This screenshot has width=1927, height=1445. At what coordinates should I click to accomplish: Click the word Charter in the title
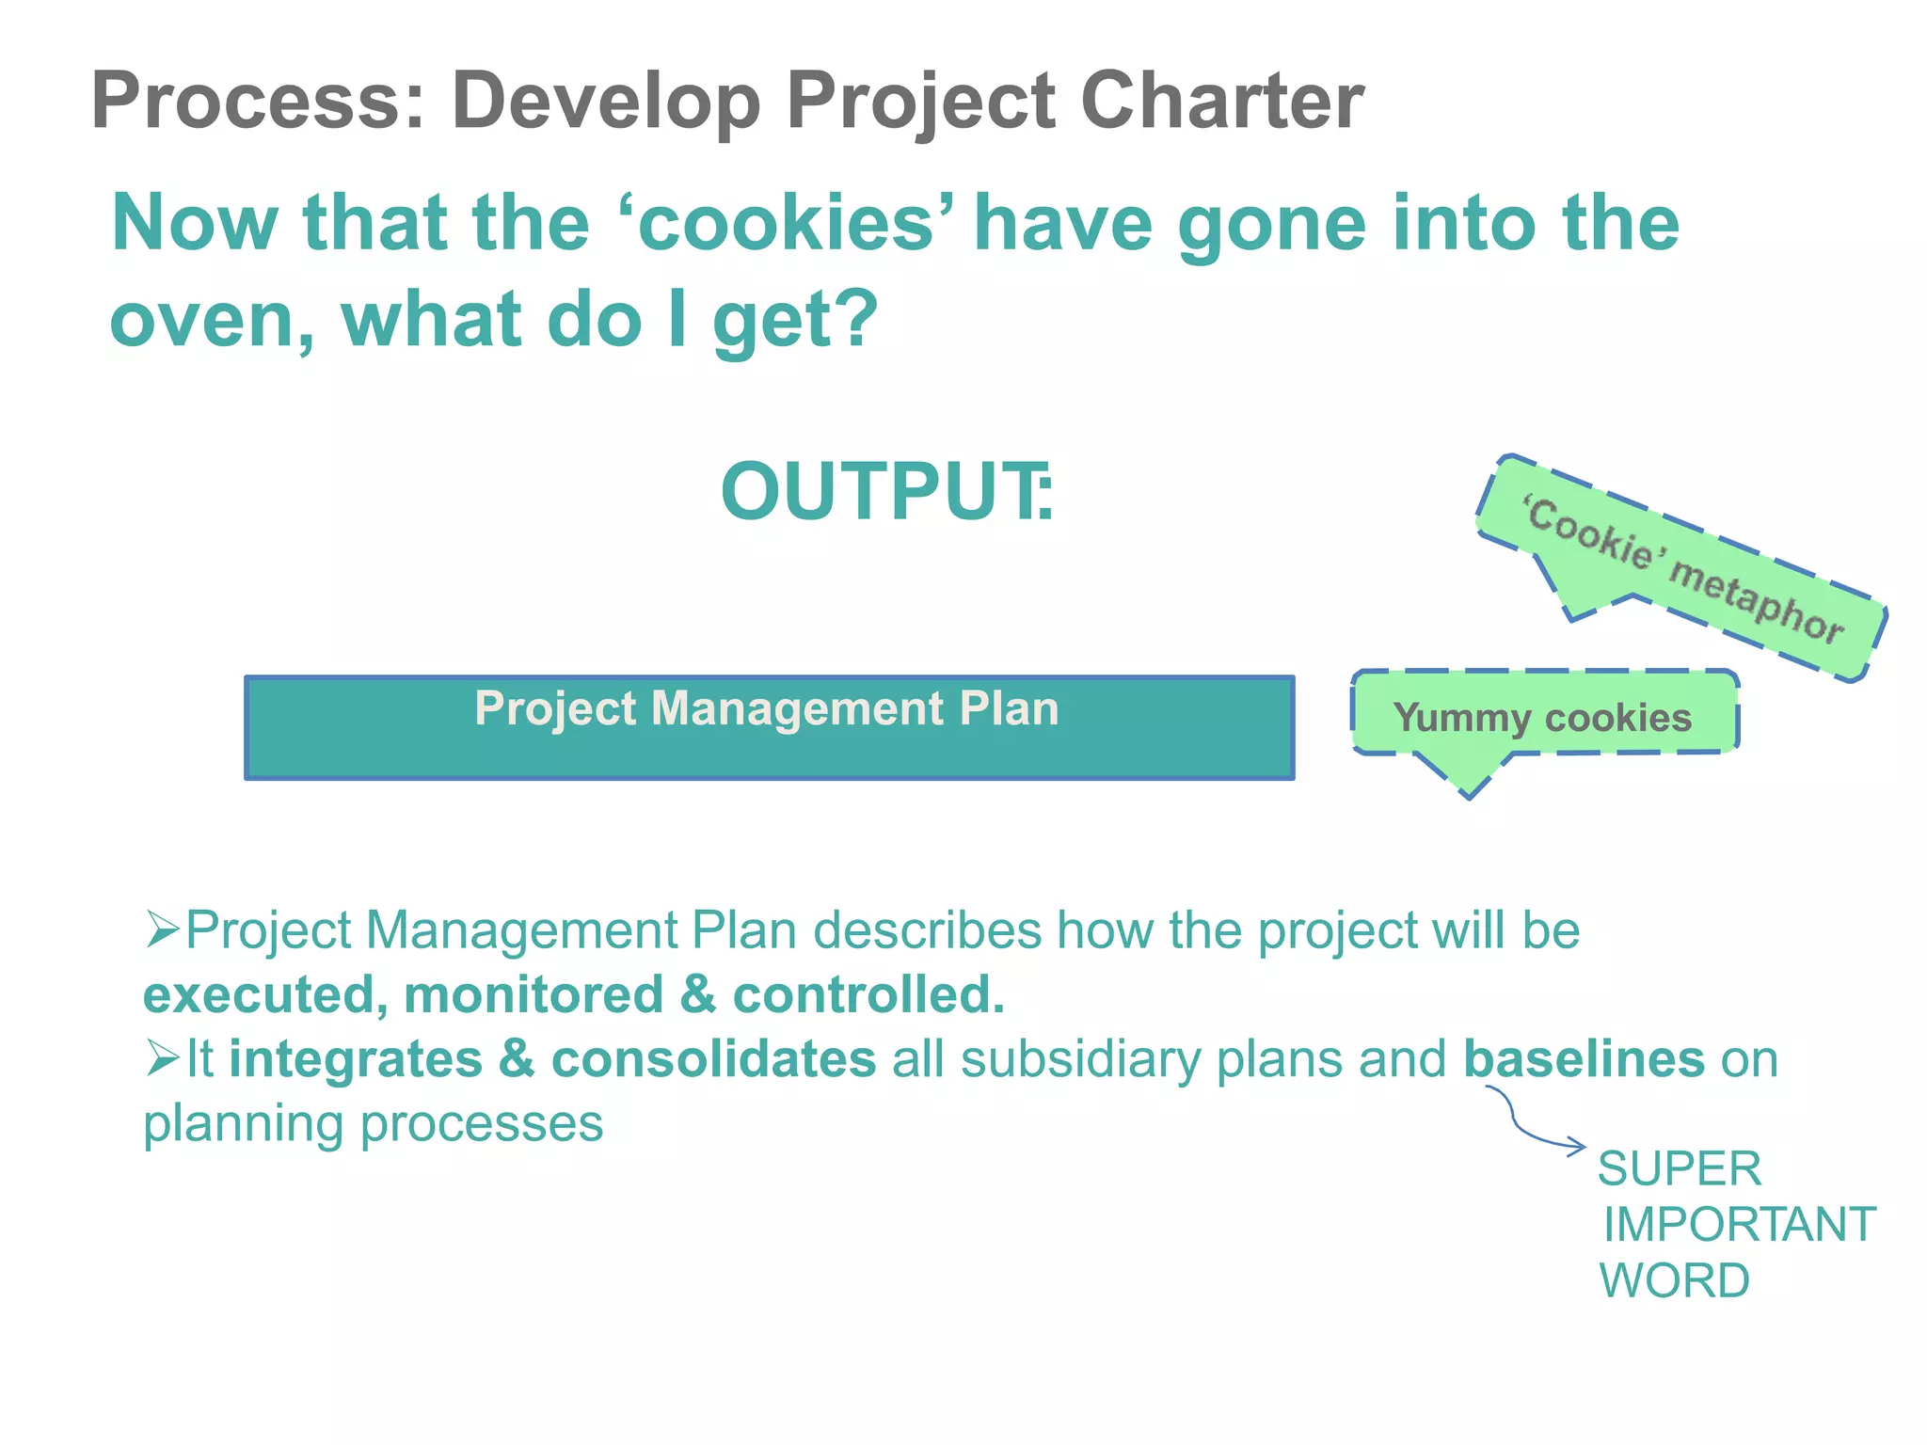coord(1221,101)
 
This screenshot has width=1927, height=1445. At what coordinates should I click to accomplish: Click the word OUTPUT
coord(883,492)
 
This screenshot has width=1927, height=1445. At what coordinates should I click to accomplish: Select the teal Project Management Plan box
coord(769,727)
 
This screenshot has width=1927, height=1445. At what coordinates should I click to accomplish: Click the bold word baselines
coord(1584,1059)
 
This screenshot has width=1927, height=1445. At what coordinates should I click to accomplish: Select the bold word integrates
coord(356,1059)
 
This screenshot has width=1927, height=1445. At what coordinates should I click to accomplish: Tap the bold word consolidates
coord(713,1059)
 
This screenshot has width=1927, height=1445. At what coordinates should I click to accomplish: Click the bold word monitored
coord(534,995)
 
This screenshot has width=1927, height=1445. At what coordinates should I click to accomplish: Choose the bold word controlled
coord(868,995)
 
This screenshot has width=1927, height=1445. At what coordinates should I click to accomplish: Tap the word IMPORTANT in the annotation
coord(1739,1225)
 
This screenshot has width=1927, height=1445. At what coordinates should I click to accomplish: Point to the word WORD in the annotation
coord(1674,1281)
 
